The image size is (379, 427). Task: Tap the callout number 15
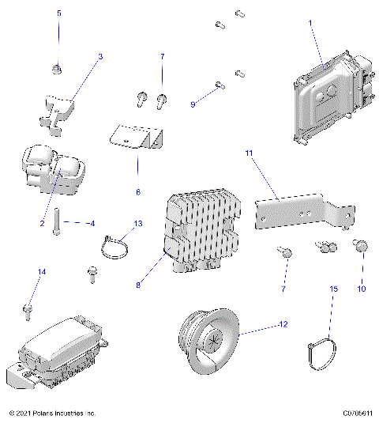pyautogui.click(x=333, y=290)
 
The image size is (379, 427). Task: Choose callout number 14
pyautogui.click(x=42, y=272)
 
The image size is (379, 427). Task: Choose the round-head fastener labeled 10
pyautogui.click(x=362, y=248)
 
